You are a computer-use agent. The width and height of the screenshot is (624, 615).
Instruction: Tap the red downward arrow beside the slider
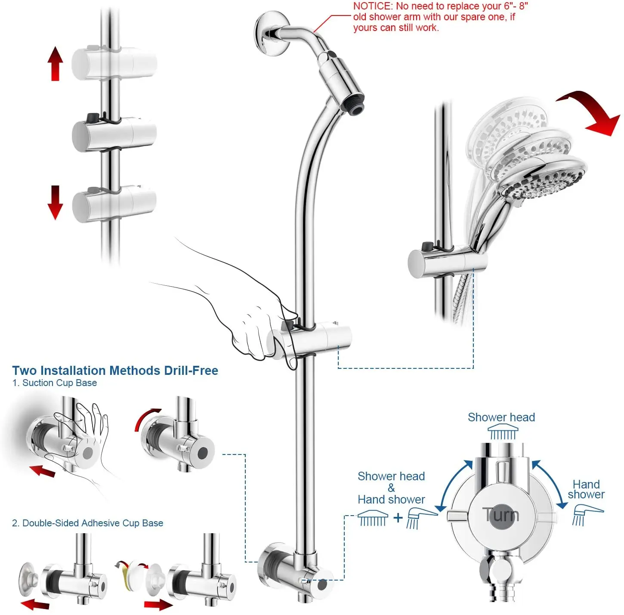pyautogui.click(x=55, y=202)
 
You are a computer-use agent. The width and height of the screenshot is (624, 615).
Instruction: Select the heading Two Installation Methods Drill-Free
pyautogui.click(x=115, y=371)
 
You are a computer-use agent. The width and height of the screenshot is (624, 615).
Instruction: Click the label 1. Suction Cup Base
pyautogui.click(x=55, y=383)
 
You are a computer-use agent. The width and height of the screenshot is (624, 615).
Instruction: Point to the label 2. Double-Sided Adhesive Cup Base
pyautogui.click(x=87, y=523)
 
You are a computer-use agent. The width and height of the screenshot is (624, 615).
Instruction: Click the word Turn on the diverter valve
pyautogui.click(x=500, y=515)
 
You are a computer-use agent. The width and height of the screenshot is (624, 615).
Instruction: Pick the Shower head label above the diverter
pyautogui.click(x=501, y=417)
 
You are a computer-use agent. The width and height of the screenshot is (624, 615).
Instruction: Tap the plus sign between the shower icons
pyautogui.click(x=398, y=517)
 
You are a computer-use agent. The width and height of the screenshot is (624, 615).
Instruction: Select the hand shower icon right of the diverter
pyautogui.click(x=587, y=515)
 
